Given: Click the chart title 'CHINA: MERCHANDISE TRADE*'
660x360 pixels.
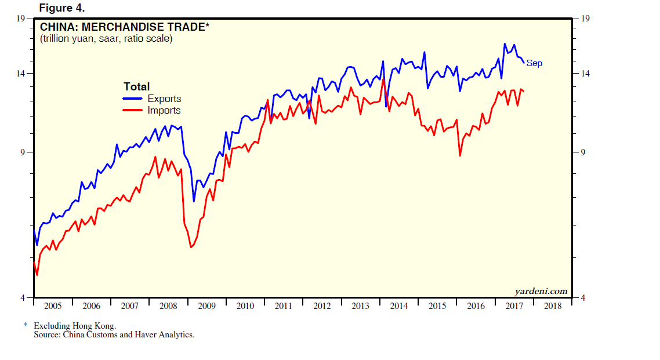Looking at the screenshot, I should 124,27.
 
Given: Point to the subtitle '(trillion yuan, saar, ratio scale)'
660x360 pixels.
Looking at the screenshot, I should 106,39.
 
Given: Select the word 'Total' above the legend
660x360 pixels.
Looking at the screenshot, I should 136,87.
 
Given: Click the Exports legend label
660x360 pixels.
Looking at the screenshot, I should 164,99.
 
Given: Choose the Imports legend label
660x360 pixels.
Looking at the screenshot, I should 164,111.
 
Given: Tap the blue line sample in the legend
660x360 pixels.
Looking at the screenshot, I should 133,99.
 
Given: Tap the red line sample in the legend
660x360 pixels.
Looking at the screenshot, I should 133,111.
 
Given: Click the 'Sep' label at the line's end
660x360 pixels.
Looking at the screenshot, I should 534,63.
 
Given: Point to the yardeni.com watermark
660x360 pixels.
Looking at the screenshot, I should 541,291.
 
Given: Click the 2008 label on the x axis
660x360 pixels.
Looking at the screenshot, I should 168,306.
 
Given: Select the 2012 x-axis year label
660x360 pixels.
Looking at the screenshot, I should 322,306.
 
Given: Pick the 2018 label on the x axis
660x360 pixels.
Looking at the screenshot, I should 553,306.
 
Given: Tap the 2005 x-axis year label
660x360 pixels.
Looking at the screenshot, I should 53,306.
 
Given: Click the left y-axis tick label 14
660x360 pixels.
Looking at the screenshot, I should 23,74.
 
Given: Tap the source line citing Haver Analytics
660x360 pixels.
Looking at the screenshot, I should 114,334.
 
